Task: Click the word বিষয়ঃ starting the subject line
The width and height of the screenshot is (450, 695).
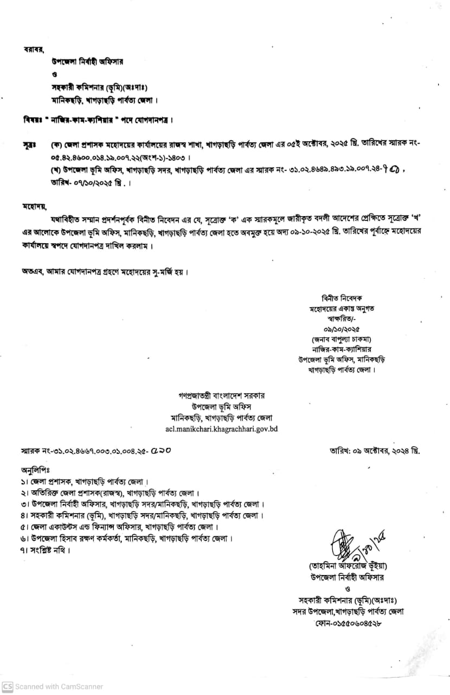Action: point(33,119)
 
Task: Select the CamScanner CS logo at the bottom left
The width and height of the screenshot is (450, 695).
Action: point(7,686)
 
